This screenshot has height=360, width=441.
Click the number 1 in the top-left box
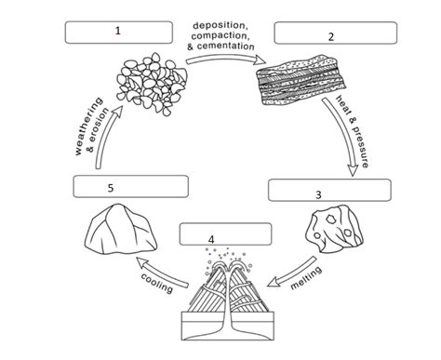pos(118,30)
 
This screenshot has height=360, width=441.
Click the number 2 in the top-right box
pos(330,36)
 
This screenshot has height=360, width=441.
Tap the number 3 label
pos(318,194)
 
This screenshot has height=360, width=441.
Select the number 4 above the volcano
pos(212,239)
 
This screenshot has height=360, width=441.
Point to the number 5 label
pos(110,187)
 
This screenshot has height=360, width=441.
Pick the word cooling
pos(156,282)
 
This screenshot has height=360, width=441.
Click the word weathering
pos(83,128)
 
